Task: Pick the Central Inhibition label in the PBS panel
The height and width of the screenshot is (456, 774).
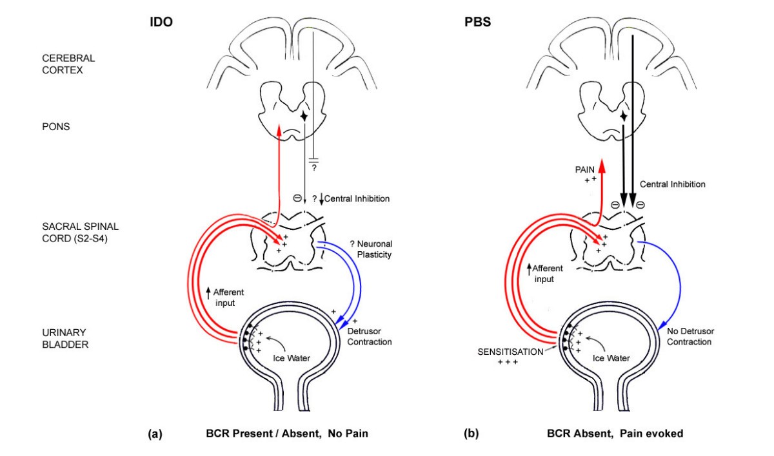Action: (673, 184)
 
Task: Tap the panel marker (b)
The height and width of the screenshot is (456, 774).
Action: (471, 434)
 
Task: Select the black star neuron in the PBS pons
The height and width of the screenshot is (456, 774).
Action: (624, 117)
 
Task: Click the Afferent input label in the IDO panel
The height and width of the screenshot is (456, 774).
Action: (228, 296)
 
